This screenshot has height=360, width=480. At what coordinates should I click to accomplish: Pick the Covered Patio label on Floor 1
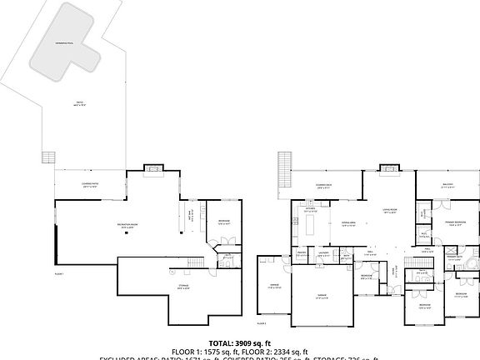[x=90, y=187]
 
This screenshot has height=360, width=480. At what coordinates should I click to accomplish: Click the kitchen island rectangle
[x=312, y=224]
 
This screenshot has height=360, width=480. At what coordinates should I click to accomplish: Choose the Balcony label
[x=447, y=187]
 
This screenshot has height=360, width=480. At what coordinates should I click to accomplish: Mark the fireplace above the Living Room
[x=388, y=171]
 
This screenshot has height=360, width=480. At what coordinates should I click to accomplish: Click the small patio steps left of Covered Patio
[x=48, y=157]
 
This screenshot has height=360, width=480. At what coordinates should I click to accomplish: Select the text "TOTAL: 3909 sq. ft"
[x=240, y=342]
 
